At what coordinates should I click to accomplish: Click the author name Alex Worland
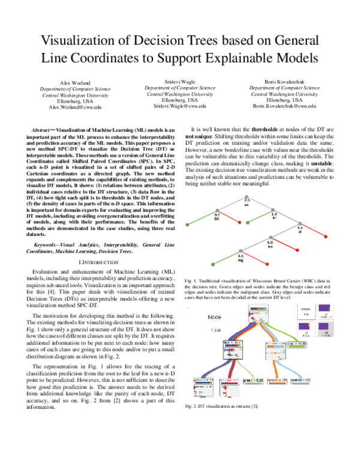point(76,82)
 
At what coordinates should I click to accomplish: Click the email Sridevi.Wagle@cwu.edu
point(179,106)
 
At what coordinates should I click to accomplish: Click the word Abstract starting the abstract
point(42,130)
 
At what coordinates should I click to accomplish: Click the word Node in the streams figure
point(215,316)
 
